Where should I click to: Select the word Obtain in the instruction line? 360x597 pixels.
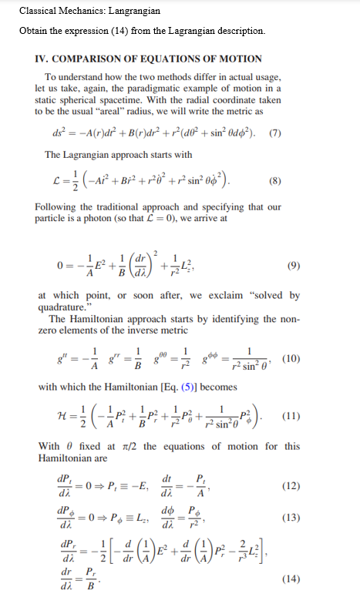click(x=35, y=31)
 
